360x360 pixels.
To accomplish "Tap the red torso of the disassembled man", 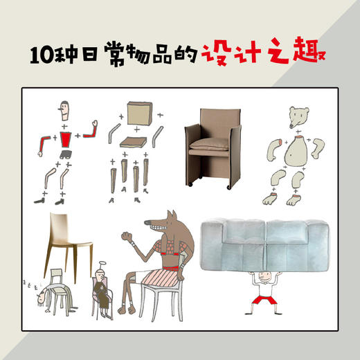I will (66, 139).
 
